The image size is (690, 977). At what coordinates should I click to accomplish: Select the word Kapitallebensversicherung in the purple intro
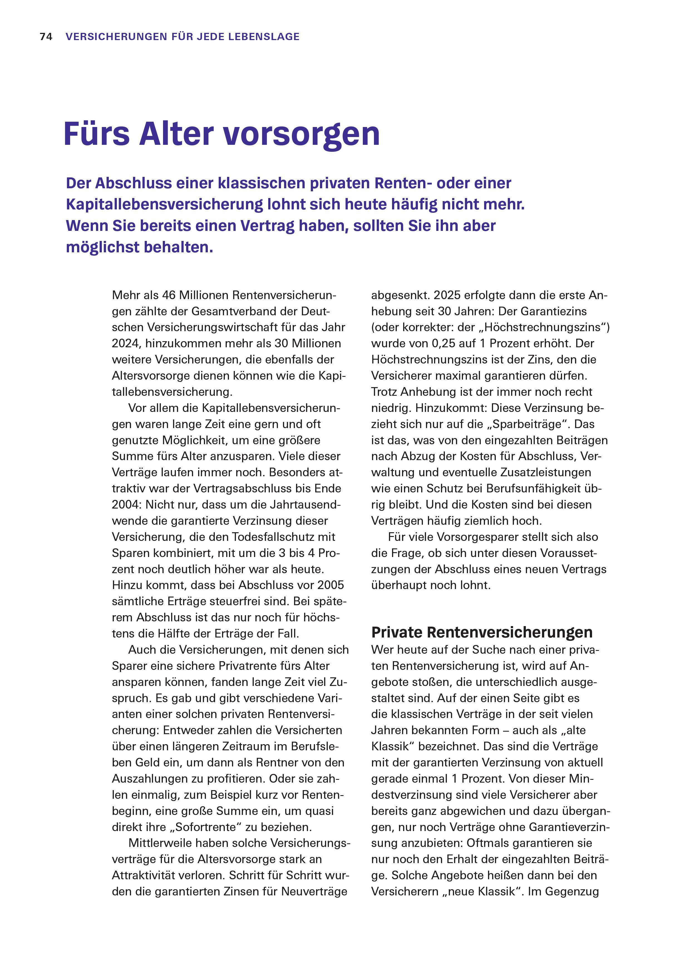(164, 205)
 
